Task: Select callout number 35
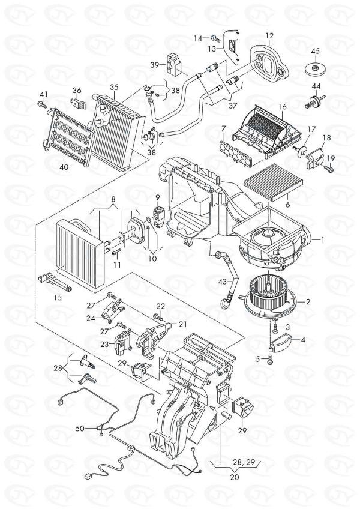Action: click(114, 88)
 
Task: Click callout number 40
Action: click(64, 167)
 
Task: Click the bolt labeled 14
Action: click(214, 39)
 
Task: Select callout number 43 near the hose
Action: click(222, 282)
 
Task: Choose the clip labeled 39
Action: click(175, 64)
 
